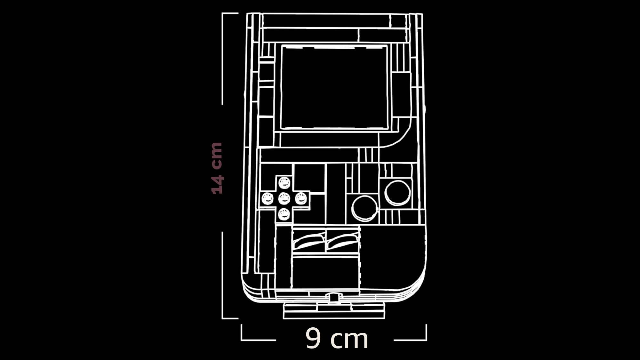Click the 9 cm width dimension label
(337, 338)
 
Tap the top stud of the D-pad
(284, 183)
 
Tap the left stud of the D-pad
(268, 199)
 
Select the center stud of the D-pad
(284, 199)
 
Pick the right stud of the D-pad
(301, 199)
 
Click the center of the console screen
(334, 87)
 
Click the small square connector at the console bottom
(334, 298)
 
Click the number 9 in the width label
(313, 338)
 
